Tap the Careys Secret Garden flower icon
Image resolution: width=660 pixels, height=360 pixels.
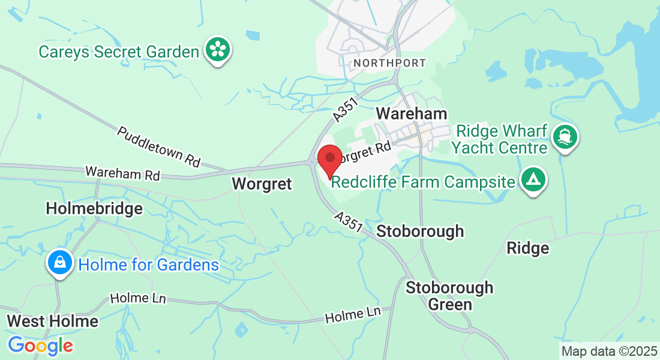218,49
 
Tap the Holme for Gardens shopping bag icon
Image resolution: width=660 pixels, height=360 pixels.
60,263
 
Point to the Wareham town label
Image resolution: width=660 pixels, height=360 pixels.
411,113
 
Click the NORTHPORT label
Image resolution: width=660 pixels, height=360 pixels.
389,63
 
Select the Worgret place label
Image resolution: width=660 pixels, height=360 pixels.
262,184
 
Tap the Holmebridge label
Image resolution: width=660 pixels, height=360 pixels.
94,209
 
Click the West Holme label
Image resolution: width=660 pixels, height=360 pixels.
52,321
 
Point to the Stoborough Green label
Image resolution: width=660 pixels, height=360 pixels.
449,296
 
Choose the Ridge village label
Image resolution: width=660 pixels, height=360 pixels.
527,248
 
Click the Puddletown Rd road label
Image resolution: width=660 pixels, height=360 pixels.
158,146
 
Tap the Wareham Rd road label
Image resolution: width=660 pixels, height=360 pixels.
122,173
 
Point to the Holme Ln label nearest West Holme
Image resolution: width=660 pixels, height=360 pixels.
138,298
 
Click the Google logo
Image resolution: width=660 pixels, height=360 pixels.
40,346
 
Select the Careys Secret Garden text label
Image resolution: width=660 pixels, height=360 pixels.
118,52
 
